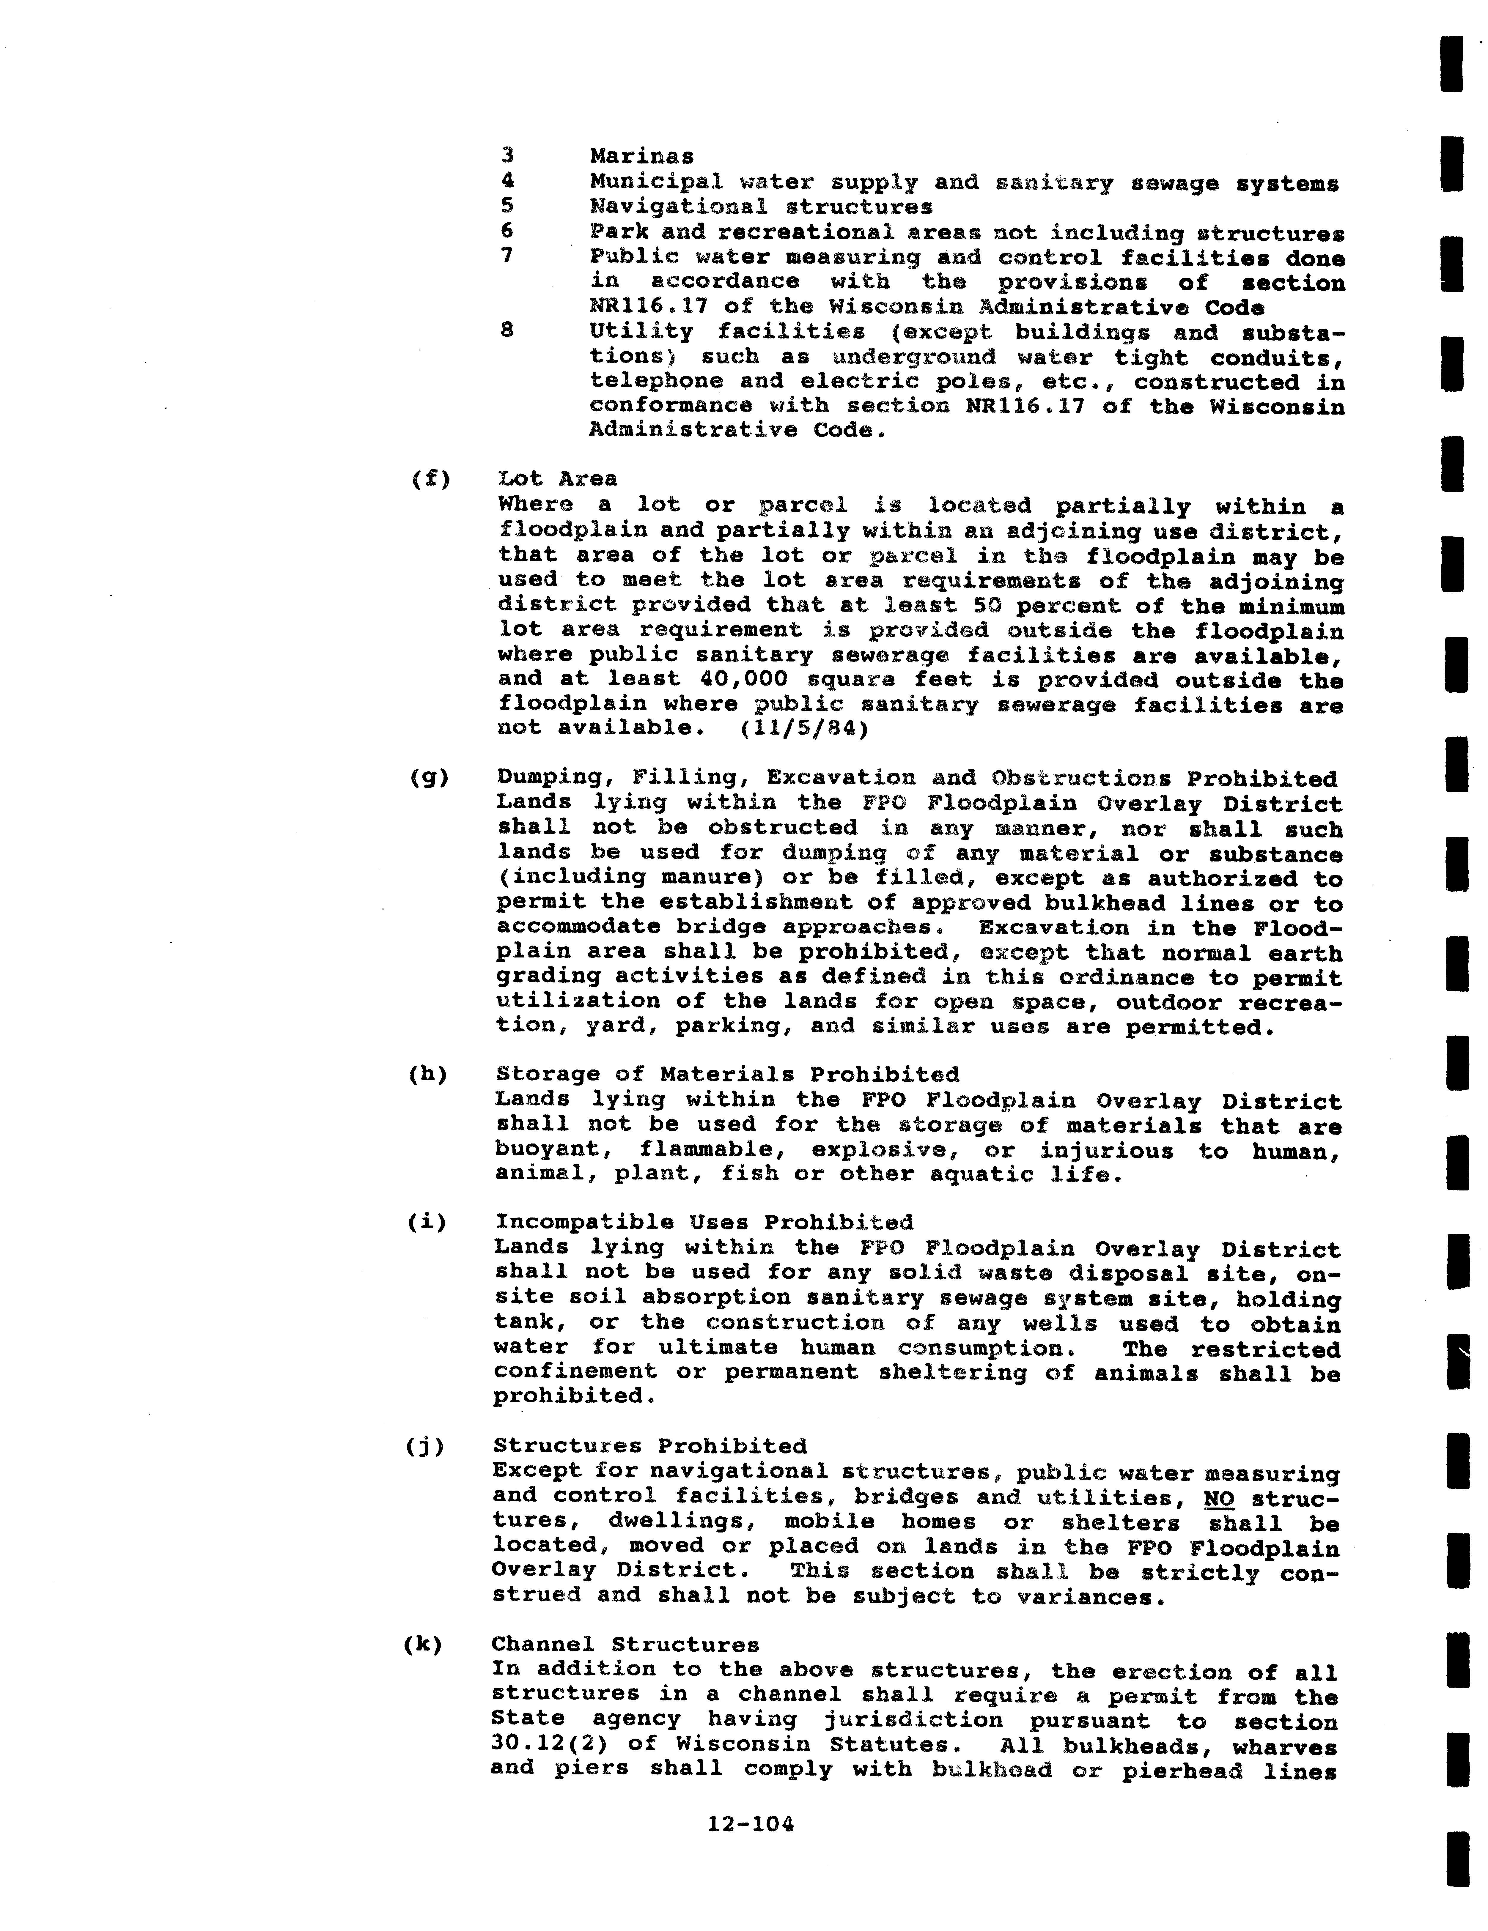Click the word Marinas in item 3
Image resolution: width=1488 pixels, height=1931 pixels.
pos(642,157)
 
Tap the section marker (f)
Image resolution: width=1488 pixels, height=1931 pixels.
pos(431,479)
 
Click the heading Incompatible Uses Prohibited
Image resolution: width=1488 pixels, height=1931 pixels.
pos(704,1223)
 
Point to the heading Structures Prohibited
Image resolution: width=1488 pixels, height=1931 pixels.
pos(650,1447)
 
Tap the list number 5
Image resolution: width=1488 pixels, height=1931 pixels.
pos(507,206)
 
